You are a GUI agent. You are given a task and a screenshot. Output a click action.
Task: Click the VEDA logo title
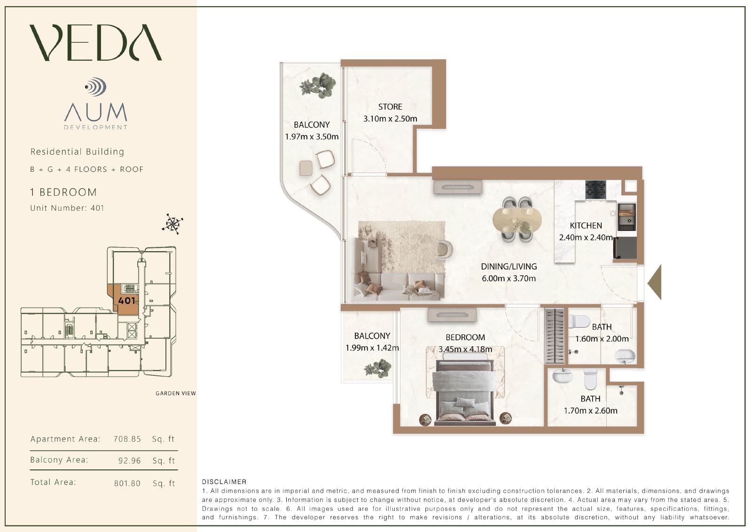96,42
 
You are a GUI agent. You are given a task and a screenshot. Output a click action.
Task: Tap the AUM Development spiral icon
96,87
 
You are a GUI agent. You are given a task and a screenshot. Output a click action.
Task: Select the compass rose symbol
172,224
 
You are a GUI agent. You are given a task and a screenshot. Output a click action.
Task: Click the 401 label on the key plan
126,300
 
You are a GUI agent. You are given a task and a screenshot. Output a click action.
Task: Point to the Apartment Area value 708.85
127,439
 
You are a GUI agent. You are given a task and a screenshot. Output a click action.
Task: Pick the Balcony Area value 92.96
130,461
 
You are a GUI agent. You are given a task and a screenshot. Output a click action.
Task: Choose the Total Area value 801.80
127,483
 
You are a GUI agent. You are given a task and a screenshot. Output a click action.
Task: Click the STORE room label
390,107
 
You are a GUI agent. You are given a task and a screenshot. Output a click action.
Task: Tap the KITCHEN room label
586,225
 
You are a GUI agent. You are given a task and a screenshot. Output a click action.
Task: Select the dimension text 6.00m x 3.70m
509,278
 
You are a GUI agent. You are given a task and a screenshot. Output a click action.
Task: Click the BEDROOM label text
465,337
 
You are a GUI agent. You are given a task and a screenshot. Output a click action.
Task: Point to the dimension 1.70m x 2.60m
590,410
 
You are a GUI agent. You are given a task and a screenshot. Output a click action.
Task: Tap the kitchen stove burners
595,190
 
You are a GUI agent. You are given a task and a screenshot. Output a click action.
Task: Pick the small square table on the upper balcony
306,168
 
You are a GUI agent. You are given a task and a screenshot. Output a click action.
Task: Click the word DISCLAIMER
224,482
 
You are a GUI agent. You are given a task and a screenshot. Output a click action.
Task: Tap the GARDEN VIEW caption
176,393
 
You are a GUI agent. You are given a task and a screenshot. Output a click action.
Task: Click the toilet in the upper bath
579,321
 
